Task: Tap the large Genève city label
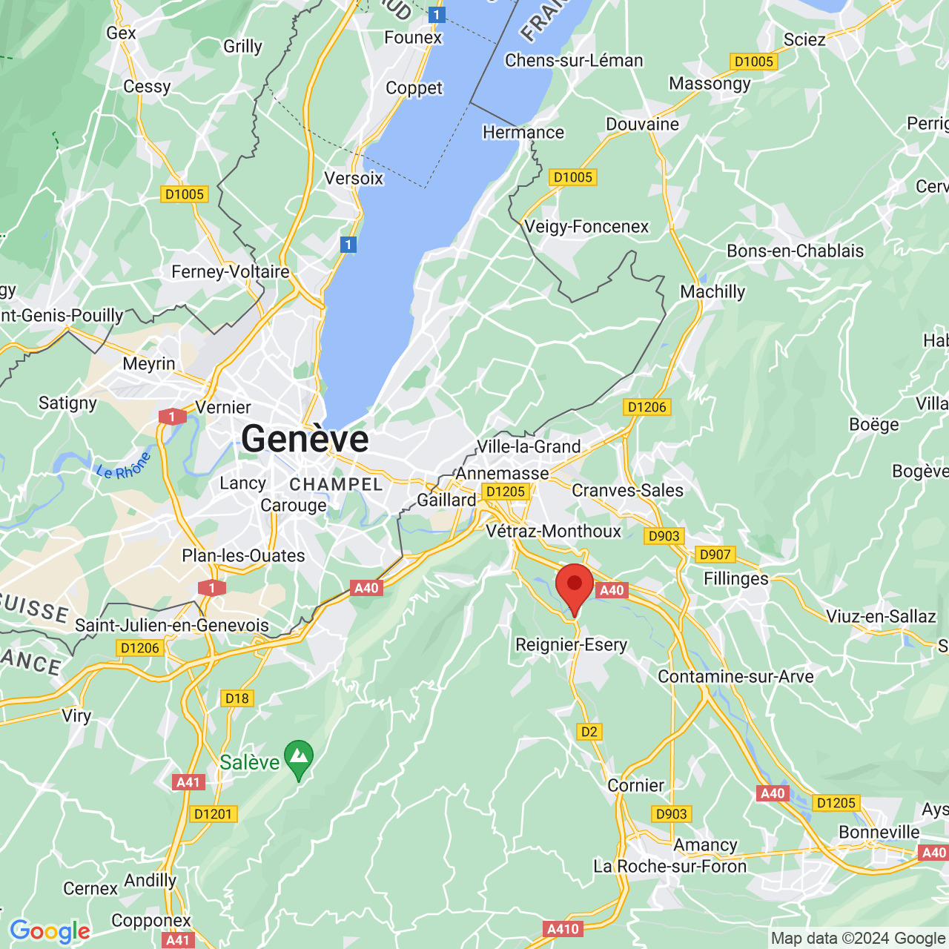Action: (x=305, y=438)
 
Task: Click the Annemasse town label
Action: (x=503, y=473)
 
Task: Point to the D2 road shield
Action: (x=589, y=732)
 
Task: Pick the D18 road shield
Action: (x=237, y=698)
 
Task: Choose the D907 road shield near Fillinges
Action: (x=715, y=555)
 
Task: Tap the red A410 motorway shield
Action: (x=563, y=929)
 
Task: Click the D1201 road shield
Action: (x=213, y=814)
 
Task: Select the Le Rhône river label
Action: (x=123, y=466)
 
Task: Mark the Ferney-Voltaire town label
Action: (x=230, y=272)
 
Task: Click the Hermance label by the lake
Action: (x=523, y=133)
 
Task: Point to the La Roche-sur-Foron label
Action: (x=670, y=866)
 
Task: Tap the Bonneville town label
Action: (x=879, y=832)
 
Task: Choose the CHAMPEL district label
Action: (x=336, y=485)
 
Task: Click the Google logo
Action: (x=50, y=931)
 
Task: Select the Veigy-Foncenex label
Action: (x=586, y=227)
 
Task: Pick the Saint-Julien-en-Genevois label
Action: (x=172, y=626)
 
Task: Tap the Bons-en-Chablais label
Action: (x=795, y=251)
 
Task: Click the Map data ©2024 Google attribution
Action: (x=858, y=939)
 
